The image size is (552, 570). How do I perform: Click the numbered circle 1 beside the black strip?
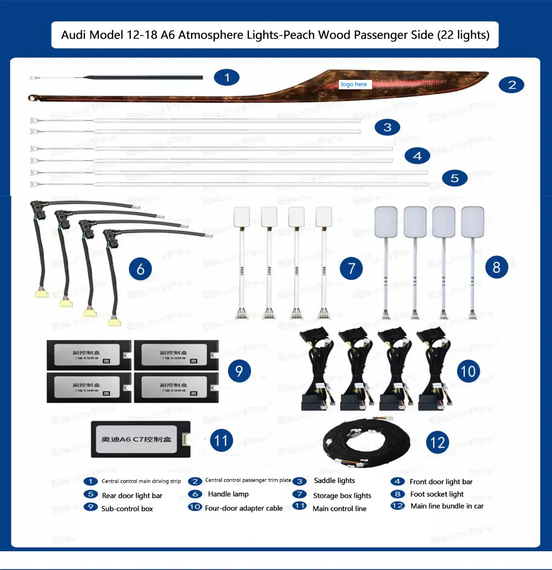pos(227,77)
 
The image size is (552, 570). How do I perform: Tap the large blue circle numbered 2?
pos(512,84)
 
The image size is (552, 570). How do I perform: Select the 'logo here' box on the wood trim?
pos(354,84)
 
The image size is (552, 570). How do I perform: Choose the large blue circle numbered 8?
pos(496,267)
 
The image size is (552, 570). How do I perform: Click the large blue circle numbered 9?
pos(238,370)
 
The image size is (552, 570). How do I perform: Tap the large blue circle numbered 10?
pos(468,370)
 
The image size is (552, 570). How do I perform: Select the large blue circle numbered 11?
pos(221,440)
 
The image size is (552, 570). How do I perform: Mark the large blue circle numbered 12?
pos(437,442)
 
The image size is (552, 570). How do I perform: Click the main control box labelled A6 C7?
pos(141,440)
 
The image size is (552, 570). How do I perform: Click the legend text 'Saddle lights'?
pos(335,481)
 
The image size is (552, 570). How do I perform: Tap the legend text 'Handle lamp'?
pos(228,494)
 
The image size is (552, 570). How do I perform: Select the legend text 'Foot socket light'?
pos(437,494)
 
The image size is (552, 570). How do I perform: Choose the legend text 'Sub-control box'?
pos(127,508)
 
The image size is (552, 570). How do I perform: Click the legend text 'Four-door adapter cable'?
pos(243,508)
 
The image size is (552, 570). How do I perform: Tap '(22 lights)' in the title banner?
pos(463,35)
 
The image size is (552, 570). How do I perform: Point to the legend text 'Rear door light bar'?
pos(132,495)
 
